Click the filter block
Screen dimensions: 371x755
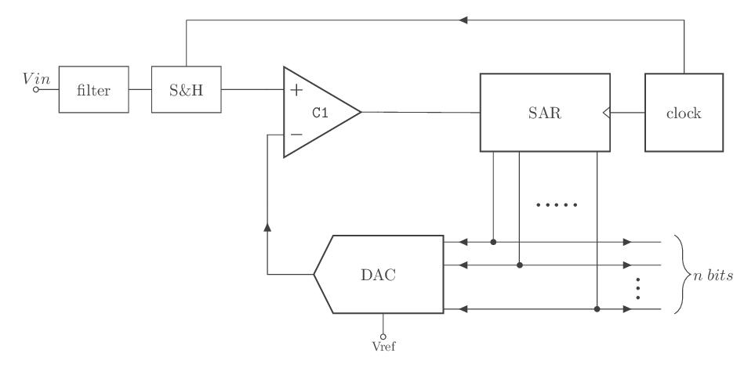(x=93, y=90)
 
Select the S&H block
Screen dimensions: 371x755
(x=186, y=90)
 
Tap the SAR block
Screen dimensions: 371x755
(x=545, y=113)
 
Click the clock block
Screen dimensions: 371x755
(x=683, y=113)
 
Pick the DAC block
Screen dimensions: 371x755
(x=379, y=275)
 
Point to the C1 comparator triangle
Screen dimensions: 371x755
(x=318, y=112)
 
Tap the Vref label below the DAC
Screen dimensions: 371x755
(x=383, y=344)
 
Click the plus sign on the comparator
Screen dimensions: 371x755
(x=296, y=90)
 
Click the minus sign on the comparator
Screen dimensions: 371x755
(x=296, y=135)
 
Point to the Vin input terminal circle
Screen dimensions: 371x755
(x=36, y=90)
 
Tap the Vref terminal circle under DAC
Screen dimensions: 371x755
(x=383, y=335)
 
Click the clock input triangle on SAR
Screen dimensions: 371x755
(x=606, y=113)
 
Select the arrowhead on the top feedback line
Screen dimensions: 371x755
(x=464, y=21)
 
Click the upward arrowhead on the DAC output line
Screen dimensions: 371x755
(x=268, y=227)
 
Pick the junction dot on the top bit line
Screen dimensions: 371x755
(x=493, y=242)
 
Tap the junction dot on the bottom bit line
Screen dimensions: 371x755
(x=597, y=310)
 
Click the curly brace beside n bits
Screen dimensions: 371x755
(x=679, y=276)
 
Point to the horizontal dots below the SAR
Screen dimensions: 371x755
(x=556, y=205)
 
